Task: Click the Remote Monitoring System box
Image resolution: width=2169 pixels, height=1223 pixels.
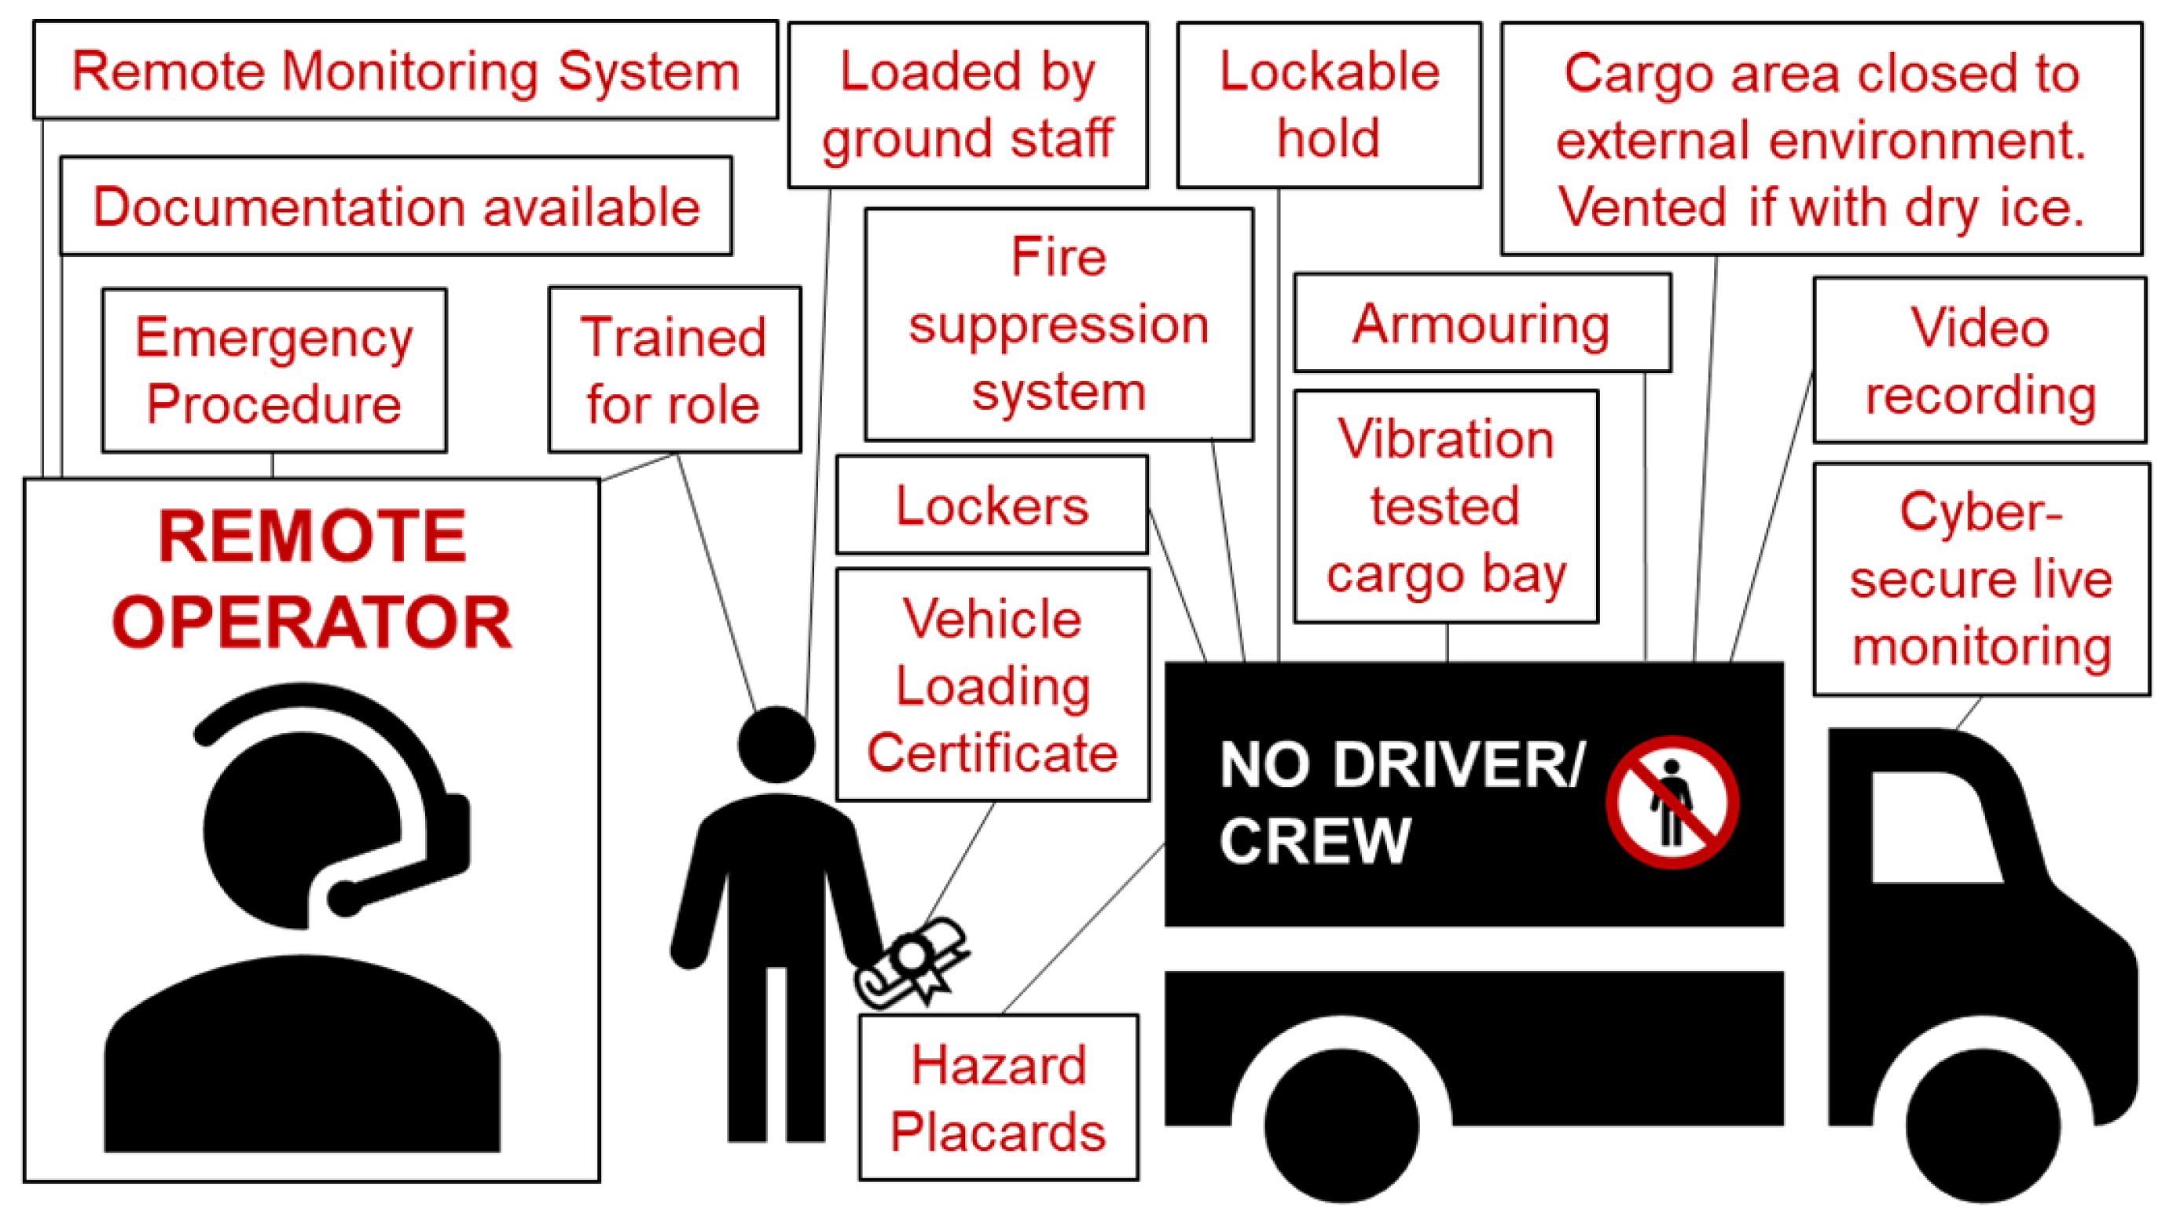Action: [x=405, y=71]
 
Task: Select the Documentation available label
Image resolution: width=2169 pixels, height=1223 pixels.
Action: [x=396, y=207]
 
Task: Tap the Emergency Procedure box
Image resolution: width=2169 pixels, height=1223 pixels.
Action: [x=273, y=370]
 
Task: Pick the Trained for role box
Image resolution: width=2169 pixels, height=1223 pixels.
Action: [x=673, y=370]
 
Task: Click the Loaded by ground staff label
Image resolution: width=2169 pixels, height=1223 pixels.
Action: [x=967, y=105]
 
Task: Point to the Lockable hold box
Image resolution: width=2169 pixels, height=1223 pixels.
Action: [x=1328, y=105]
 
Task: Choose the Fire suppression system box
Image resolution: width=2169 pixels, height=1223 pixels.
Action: [x=1059, y=324]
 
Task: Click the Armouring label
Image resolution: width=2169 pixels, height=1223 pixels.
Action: [x=1481, y=323]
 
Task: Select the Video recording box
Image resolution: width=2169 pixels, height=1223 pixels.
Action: [x=1979, y=361]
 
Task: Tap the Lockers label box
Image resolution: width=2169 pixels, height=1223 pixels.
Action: [x=991, y=505]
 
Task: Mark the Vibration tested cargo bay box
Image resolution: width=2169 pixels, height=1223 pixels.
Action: [x=1445, y=507]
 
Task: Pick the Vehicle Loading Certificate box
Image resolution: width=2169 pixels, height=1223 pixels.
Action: [x=992, y=685]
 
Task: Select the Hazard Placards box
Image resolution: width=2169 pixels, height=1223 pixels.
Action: [x=998, y=1097]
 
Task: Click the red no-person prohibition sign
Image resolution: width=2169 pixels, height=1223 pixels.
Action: [x=1672, y=802]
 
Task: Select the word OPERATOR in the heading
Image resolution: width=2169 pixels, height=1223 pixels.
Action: [x=311, y=623]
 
